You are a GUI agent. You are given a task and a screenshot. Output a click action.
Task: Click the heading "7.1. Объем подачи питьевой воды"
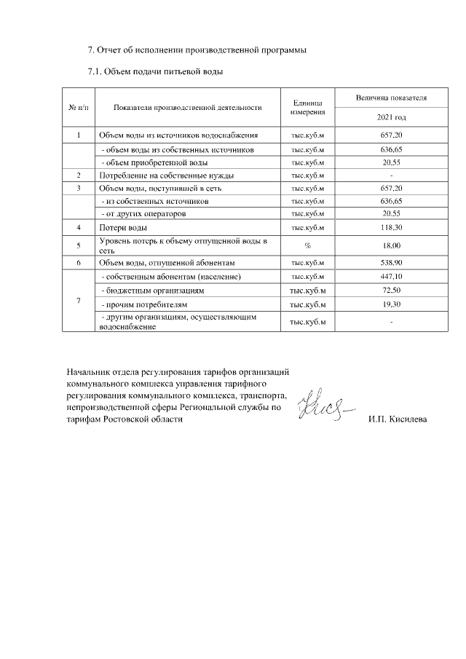(154, 71)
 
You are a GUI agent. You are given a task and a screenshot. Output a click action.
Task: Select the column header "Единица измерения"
(307, 108)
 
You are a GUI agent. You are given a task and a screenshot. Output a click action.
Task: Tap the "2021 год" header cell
(392, 117)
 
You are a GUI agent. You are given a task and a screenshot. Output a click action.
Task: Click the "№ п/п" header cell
(78, 108)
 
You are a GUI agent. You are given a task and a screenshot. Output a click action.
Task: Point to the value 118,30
(392, 228)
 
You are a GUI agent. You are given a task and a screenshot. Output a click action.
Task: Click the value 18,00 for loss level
(392, 245)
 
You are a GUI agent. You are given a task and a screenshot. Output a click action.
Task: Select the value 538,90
(392, 262)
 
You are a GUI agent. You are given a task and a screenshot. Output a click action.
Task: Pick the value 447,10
(392, 277)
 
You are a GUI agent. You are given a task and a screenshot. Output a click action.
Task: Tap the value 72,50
(392, 290)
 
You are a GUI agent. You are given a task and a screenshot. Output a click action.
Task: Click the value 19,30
(392, 304)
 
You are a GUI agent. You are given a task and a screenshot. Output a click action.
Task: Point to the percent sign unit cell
(307, 245)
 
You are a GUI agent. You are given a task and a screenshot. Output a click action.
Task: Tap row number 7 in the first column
(78, 301)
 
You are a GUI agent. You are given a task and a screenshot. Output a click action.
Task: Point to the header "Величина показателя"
(392, 98)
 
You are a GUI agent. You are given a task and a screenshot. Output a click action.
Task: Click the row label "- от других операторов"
(143, 214)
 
